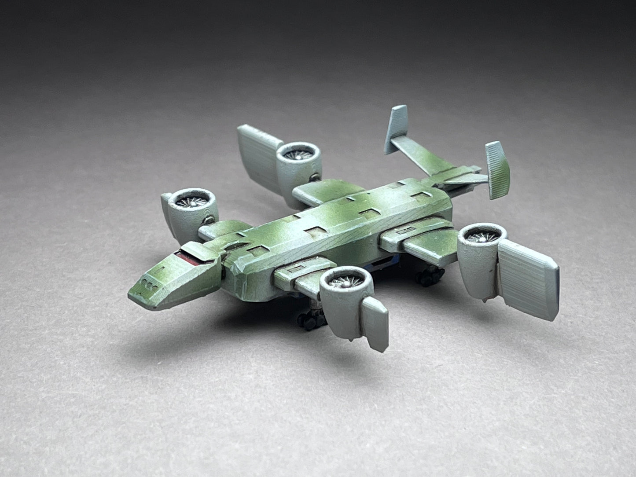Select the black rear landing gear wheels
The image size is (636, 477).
(425, 275)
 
